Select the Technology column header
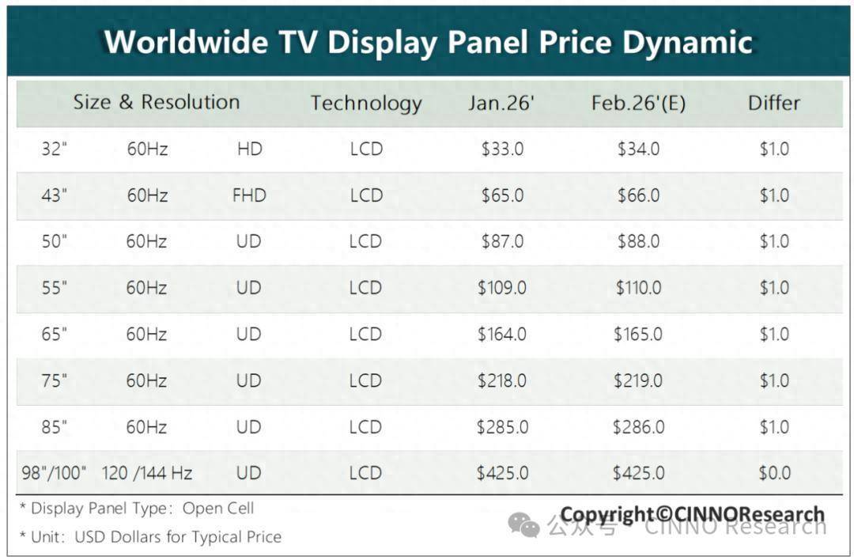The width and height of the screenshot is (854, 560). [366, 103]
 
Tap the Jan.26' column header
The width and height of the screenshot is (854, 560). [501, 103]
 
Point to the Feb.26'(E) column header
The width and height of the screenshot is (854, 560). [638, 103]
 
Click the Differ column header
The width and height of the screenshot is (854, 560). [773, 103]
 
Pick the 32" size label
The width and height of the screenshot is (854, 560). [55, 149]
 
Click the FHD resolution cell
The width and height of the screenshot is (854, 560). [249, 195]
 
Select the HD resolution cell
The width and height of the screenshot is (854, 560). [249, 149]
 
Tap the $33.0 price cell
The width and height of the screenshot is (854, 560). [502, 149]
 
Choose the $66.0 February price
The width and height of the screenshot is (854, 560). [638, 195]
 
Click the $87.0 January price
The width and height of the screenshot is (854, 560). [502, 241]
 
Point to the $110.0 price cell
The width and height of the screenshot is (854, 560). [638, 288]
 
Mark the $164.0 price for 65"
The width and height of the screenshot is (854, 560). [502, 335]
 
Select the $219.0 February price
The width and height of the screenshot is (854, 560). [638, 380]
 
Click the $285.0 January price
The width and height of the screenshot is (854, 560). [502, 427]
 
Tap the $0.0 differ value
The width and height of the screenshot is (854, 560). [774, 473]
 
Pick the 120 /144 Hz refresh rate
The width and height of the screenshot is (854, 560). [147, 473]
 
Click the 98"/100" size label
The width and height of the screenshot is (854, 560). [55, 473]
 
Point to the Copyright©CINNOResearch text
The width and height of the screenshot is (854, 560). [692, 515]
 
